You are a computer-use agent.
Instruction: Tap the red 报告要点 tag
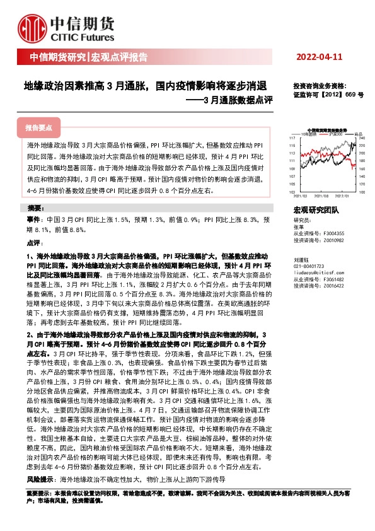click(40, 127)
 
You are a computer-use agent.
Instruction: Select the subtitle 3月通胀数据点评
click(237, 100)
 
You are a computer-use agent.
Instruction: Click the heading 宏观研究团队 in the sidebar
click(316, 211)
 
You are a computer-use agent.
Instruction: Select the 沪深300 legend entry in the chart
click(334, 134)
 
